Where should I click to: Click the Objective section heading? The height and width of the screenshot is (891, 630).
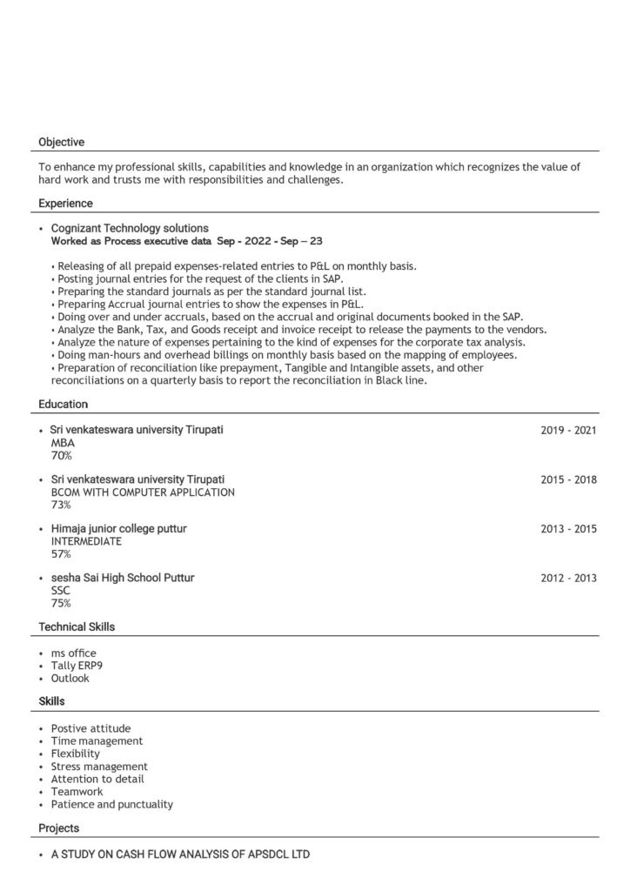(x=61, y=142)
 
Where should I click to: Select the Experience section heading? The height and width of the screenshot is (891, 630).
(x=65, y=204)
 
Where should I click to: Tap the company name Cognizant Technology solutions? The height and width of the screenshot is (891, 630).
(x=130, y=228)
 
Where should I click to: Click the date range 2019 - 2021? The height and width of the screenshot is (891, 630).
(x=568, y=430)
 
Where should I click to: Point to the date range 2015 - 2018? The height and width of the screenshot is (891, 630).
(x=568, y=479)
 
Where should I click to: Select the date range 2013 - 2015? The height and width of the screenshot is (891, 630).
(x=568, y=529)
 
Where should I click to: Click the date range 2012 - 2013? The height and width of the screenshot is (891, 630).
(x=568, y=578)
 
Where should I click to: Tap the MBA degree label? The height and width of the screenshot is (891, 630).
(x=63, y=443)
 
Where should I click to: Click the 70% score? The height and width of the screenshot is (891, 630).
(x=61, y=455)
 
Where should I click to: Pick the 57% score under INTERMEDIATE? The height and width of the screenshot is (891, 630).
(x=61, y=554)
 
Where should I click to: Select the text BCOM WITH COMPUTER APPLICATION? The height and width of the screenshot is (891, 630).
(x=143, y=492)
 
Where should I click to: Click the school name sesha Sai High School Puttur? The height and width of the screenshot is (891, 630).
(x=123, y=578)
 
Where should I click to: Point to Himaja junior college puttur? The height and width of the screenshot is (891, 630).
(x=118, y=529)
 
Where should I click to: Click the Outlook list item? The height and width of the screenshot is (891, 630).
(x=70, y=678)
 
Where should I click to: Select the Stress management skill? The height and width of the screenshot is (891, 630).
(x=99, y=767)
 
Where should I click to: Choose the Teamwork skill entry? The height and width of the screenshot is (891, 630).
(x=77, y=792)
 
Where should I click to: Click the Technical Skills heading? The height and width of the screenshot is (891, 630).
(x=77, y=626)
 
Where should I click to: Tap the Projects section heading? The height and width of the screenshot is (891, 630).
(x=58, y=828)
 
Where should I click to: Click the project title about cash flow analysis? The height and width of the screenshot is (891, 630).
(x=180, y=854)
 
